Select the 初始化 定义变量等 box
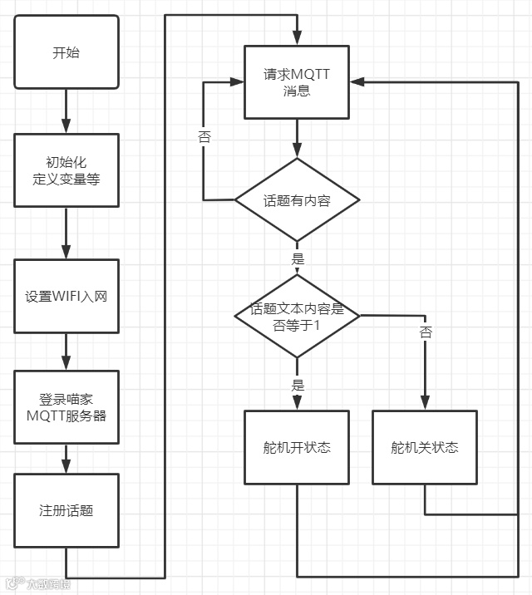(66, 170)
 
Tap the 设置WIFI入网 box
(66, 297)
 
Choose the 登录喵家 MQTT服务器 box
(66, 407)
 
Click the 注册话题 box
(66, 509)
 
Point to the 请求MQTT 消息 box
(297, 82)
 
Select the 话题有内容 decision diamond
(297, 199)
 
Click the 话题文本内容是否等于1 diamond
(297, 317)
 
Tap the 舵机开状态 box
(297, 447)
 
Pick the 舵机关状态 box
(425, 447)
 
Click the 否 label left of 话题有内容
(204, 136)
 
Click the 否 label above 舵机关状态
(426, 332)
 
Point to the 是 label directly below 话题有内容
(298, 258)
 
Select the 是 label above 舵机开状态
(298, 385)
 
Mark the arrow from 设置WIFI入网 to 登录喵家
(66, 352)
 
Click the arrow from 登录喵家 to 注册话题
(66, 458)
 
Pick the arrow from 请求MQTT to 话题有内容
(297, 138)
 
